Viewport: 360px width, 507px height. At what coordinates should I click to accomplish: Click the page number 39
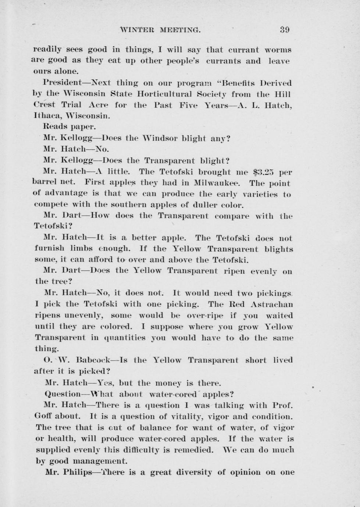click(x=284, y=30)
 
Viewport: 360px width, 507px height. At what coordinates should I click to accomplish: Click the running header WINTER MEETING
click(x=160, y=30)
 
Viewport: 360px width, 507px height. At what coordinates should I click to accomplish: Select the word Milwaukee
click(x=217, y=183)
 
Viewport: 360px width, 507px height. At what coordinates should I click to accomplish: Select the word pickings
click(x=275, y=293)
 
